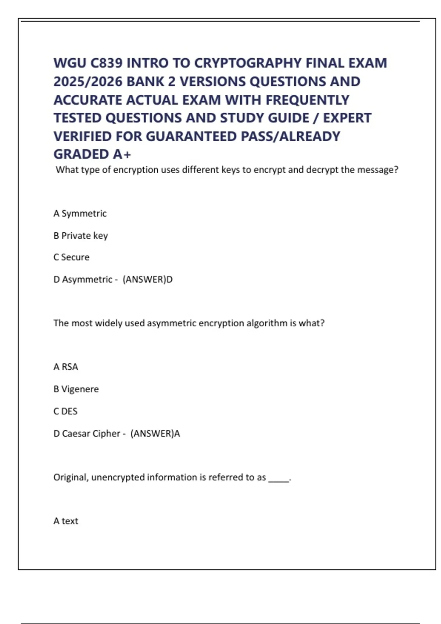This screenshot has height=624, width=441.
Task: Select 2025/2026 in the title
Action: pos(88,81)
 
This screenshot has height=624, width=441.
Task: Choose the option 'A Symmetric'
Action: pos(80,213)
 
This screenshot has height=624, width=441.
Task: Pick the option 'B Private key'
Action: pos(80,235)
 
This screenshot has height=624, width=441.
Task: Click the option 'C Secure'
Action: pos(71,257)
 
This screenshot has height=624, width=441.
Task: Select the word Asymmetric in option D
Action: pos(87,279)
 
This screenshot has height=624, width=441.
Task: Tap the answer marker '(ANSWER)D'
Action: pos(147,279)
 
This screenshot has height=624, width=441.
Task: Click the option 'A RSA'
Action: pos(66,367)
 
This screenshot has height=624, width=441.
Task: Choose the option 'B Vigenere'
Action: pos(76,389)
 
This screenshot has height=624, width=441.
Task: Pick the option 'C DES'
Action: pos(65,411)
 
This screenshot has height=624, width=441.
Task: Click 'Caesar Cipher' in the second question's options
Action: pos(91,433)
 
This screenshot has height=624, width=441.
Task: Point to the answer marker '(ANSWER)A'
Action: pos(155,433)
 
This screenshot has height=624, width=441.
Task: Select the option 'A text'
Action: pos(66,521)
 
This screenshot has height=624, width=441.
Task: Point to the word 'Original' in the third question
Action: pos(71,477)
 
